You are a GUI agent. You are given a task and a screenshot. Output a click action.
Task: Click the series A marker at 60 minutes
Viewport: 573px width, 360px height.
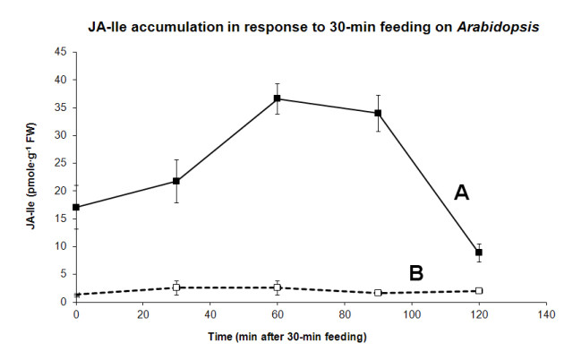click(278, 99)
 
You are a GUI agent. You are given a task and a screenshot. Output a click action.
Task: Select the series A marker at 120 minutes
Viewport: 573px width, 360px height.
click(479, 253)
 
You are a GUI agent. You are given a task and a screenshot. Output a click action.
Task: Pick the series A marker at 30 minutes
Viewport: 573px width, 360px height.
click(176, 182)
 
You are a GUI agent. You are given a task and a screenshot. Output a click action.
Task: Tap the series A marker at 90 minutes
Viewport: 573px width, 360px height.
click(378, 113)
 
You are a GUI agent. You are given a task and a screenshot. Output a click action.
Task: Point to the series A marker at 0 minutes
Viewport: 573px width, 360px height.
click(76, 207)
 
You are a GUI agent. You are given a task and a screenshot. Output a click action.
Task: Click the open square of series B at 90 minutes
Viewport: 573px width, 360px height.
click(378, 293)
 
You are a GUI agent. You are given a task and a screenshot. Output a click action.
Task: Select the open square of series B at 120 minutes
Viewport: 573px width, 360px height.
click(479, 290)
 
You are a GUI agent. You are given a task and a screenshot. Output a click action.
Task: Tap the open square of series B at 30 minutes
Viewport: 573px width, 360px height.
click(176, 287)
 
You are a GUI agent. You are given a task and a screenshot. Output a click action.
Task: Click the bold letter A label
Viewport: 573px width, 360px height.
click(461, 193)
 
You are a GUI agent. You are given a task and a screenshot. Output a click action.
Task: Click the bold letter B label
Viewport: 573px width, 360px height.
click(415, 274)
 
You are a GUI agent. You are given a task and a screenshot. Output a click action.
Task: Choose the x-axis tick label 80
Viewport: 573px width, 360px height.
click(345, 314)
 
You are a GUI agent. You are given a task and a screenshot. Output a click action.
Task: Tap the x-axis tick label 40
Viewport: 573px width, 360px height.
click(210, 314)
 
